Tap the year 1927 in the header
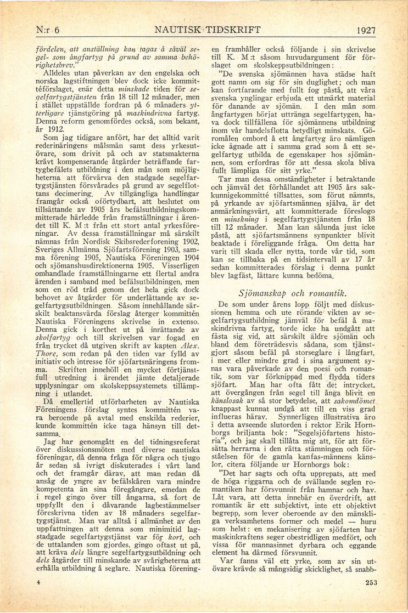coord(365,30)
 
